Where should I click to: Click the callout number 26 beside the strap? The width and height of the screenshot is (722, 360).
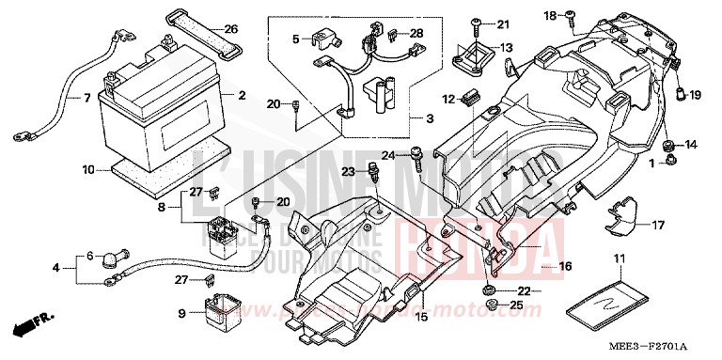[231, 28]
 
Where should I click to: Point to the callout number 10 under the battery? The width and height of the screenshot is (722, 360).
[88, 170]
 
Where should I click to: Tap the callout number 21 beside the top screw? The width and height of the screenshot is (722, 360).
[502, 23]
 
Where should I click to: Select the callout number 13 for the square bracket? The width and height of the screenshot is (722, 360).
[507, 48]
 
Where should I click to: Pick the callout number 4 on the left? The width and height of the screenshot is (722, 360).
[56, 268]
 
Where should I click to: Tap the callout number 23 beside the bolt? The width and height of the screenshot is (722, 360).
[347, 171]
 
